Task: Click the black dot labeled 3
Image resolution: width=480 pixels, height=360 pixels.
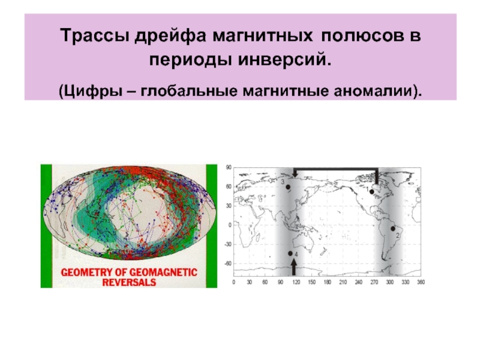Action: (x=288, y=187)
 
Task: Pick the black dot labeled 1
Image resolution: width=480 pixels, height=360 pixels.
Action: (x=372, y=192)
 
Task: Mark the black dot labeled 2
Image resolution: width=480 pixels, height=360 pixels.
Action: (x=392, y=229)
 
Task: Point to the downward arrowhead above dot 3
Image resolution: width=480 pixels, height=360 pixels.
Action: (x=295, y=173)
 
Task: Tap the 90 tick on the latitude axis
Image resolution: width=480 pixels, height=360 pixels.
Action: (x=227, y=168)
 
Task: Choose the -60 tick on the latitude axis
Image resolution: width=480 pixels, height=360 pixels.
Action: (x=227, y=263)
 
